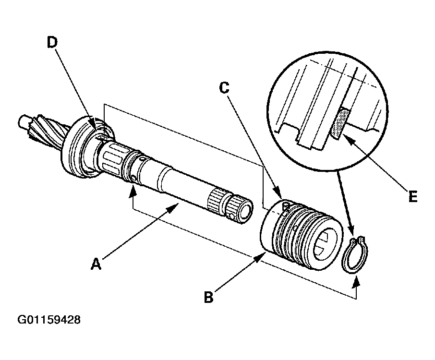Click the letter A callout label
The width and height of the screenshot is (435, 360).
pyautogui.click(x=97, y=264)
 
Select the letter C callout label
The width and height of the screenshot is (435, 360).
pyautogui.click(x=223, y=87)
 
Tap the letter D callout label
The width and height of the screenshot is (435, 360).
pyautogui.click(x=52, y=42)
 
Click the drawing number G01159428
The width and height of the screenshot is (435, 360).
pyautogui.click(x=49, y=320)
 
